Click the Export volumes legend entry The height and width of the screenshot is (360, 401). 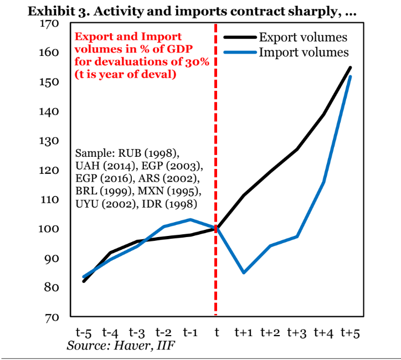(x=303, y=38)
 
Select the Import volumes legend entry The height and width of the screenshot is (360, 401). (x=304, y=53)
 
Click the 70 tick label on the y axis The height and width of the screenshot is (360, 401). (x=52, y=317)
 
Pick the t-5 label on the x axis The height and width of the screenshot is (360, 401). (x=84, y=332)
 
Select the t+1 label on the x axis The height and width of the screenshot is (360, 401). (x=244, y=332)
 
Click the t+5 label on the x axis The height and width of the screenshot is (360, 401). (x=351, y=332)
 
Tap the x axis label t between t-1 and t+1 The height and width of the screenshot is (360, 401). (x=217, y=332)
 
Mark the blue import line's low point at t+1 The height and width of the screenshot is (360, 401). (x=244, y=272)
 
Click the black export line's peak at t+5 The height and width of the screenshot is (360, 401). (x=351, y=68)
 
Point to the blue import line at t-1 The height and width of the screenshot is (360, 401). (x=190, y=219)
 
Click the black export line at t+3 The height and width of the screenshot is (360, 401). (x=297, y=150)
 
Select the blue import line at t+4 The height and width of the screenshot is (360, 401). (x=324, y=182)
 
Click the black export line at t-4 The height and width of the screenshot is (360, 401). (x=111, y=253)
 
